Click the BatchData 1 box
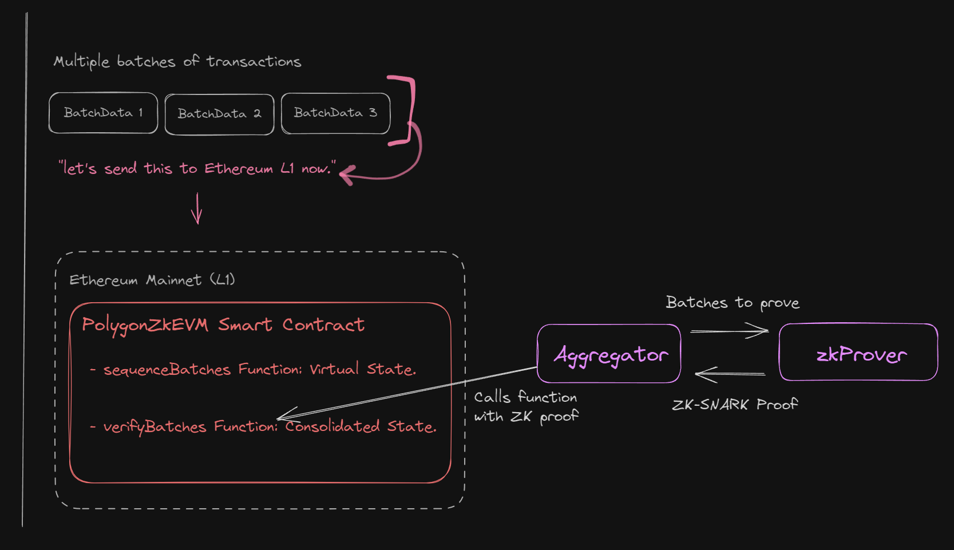(x=103, y=113)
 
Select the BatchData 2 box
(x=219, y=114)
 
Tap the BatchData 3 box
(x=335, y=113)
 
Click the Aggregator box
(x=609, y=354)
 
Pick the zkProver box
(x=858, y=353)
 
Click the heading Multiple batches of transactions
(x=177, y=61)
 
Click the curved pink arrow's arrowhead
(x=346, y=175)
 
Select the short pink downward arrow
(x=197, y=209)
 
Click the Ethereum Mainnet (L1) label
(x=152, y=280)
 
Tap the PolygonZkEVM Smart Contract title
(x=223, y=325)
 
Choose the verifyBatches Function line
(x=269, y=427)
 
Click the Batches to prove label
(x=733, y=303)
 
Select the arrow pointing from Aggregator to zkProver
(x=729, y=331)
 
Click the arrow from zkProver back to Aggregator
(x=730, y=374)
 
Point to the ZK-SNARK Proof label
(x=735, y=405)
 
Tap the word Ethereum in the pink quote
(x=239, y=169)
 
